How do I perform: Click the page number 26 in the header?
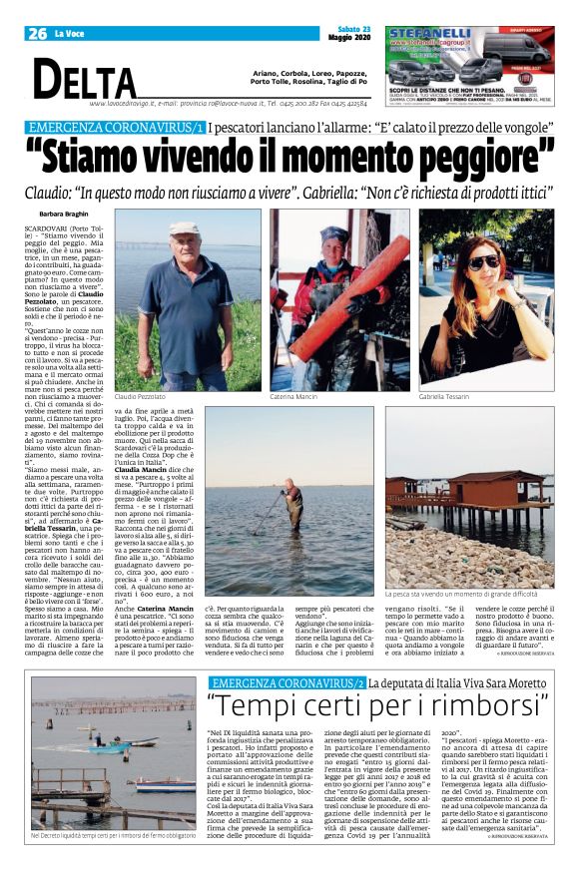point(37,34)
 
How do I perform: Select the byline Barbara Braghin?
point(64,215)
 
